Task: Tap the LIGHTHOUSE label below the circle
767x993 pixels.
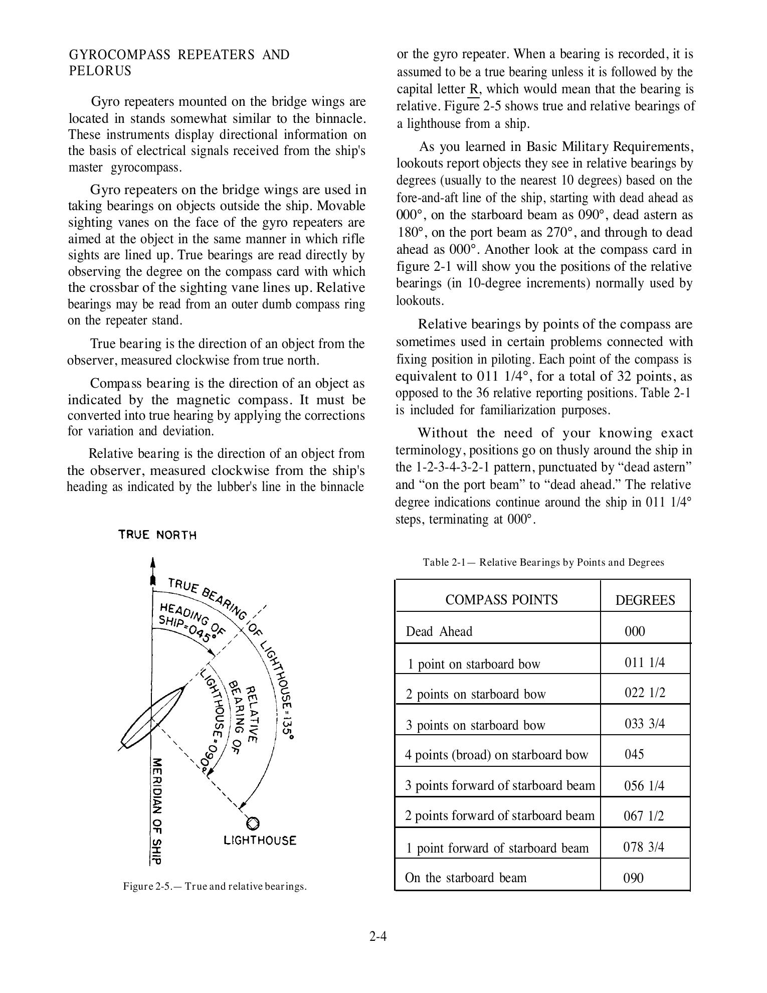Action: (260, 841)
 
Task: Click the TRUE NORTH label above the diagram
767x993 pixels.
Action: (157, 535)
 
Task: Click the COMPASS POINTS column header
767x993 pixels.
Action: (501, 600)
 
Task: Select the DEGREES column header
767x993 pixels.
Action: (645, 600)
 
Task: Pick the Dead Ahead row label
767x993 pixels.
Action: (439, 631)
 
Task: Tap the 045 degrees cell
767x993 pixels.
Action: (634, 754)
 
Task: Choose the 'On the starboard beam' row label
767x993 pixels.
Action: (466, 878)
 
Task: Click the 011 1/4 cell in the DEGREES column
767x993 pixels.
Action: (645, 663)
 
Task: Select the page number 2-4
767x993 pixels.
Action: (378, 936)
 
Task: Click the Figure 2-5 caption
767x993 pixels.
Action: (215, 886)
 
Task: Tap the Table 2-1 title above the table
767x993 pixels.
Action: (543, 562)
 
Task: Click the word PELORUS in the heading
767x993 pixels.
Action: (100, 71)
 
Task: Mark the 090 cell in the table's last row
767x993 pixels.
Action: (634, 878)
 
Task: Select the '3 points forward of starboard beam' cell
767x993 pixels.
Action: (500, 785)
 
